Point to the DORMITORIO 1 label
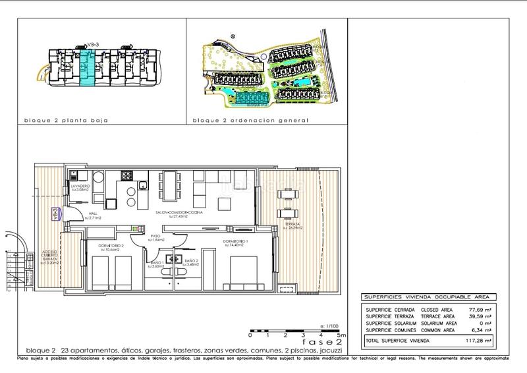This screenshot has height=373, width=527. click(x=235, y=243)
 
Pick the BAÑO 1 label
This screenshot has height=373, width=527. click(x=157, y=262)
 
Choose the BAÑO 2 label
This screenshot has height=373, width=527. click(x=191, y=262)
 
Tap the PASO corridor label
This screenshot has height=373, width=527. click(x=156, y=237)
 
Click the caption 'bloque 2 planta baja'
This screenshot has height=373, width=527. click(x=66, y=121)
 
